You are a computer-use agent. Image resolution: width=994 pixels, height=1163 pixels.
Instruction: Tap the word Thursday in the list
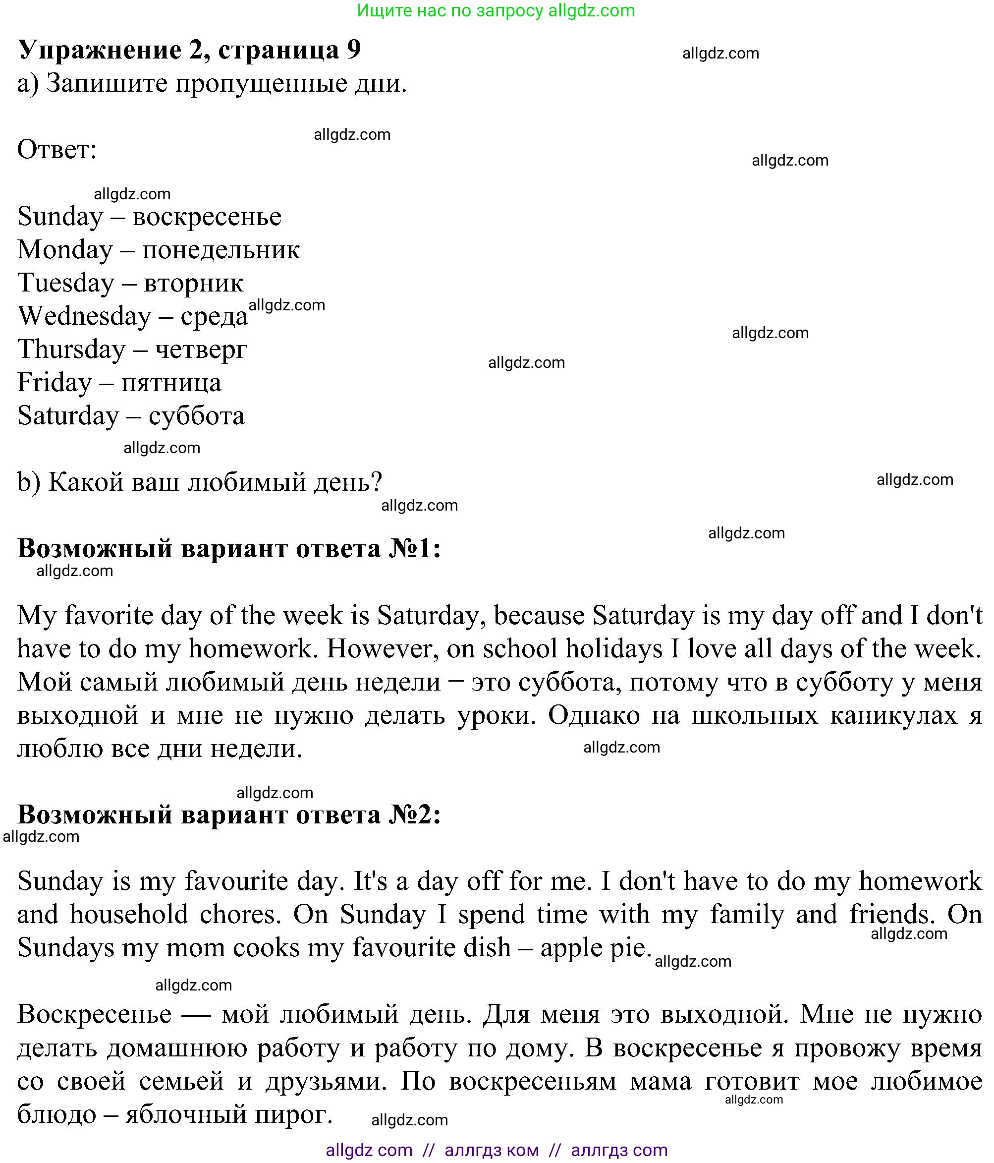(x=71, y=349)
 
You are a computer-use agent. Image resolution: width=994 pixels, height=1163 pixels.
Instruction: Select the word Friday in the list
(x=55, y=383)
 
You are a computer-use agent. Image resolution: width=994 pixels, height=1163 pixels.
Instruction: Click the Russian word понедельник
(x=221, y=250)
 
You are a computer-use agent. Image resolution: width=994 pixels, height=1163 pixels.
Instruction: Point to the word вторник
(x=194, y=284)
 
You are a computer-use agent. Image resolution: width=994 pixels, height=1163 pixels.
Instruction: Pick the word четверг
(x=201, y=349)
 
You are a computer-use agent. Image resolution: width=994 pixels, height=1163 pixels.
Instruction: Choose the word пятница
(x=171, y=383)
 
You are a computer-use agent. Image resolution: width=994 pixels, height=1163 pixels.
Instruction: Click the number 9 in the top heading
(x=353, y=50)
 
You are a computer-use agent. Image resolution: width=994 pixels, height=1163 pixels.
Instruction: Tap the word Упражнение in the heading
(x=99, y=50)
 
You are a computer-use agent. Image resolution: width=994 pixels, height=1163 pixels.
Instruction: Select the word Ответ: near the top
(x=56, y=150)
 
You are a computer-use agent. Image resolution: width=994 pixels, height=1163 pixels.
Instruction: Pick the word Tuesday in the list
(x=65, y=284)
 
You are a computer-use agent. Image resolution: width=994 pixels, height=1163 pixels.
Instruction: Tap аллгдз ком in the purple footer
(x=492, y=1150)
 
